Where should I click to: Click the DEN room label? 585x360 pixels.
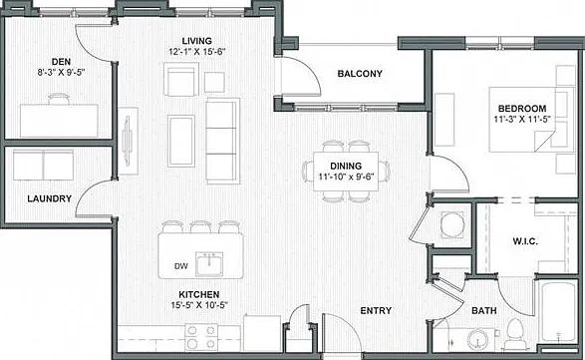click(61, 62)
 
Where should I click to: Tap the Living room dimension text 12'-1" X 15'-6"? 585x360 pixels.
click(197, 52)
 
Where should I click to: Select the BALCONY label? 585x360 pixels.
click(360, 74)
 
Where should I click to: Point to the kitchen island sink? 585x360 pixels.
click(209, 264)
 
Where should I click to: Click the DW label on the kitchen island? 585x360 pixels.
click(181, 266)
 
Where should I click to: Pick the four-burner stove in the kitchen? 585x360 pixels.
click(201, 337)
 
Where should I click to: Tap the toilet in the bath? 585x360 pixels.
click(515, 333)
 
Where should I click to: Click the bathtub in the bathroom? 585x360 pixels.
click(557, 312)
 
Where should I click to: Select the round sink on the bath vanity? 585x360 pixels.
click(477, 339)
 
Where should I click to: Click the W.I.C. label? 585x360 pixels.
click(525, 241)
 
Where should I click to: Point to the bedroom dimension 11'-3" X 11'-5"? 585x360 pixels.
click(522, 120)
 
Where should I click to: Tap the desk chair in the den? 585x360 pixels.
click(59, 99)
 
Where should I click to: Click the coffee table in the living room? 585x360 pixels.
click(181, 141)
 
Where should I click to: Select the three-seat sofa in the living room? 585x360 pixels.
click(222, 141)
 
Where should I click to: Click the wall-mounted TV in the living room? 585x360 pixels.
click(128, 141)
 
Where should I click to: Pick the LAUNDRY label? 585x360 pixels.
click(49, 198)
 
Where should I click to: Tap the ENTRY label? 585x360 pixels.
click(376, 311)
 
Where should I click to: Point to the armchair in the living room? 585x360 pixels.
click(181, 80)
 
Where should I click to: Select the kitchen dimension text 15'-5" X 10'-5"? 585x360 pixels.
click(199, 305)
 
